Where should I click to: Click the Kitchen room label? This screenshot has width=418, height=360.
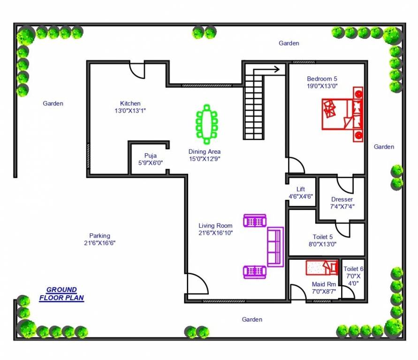coord(130,104)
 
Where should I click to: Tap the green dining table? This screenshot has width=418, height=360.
coord(206,125)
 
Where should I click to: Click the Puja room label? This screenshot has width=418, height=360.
coord(150,156)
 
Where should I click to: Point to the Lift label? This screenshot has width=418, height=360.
coord(300,189)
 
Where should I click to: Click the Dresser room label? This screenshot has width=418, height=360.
coord(342,200)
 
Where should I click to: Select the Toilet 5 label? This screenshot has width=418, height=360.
coord(323,237)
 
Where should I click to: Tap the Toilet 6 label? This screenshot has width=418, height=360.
coord(353,269)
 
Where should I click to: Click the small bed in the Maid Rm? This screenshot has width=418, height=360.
coord(322,268)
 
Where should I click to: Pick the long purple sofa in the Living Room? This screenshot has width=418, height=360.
coord(275,247)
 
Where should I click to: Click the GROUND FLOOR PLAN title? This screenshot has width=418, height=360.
coord(61,294)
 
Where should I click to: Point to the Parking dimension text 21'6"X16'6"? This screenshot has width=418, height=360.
coord(96,243)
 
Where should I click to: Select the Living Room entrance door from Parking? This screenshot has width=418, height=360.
coord(196,284)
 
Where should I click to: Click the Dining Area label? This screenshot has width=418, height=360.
coord(204,152)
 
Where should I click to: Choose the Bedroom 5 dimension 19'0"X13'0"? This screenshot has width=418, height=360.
coord(322,86)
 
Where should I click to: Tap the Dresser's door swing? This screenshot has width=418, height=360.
coord(345,185)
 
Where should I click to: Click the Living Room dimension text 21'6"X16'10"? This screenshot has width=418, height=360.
coord(215,232)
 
